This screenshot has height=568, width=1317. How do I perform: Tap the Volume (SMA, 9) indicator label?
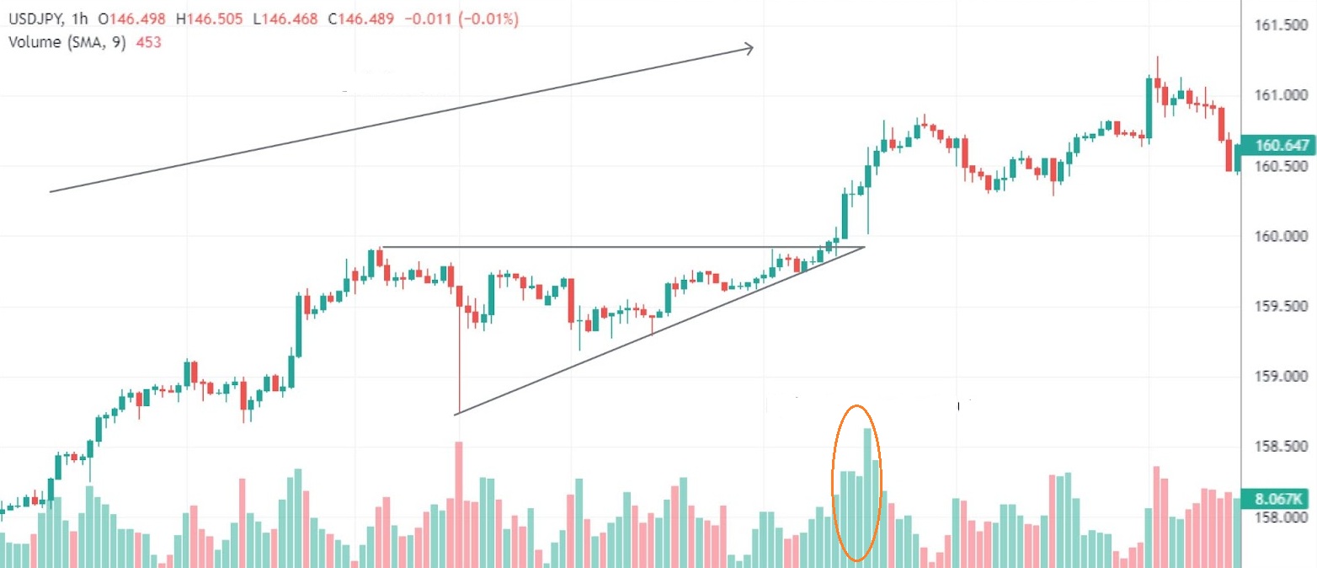click(67, 42)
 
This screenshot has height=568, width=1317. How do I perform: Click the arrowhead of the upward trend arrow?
click(749, 49)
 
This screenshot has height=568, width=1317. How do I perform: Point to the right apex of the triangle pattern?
click(865, 247)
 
